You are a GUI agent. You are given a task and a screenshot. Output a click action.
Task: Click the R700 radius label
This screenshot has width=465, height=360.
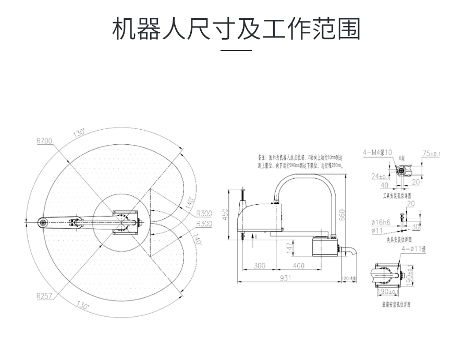tap(44, 140)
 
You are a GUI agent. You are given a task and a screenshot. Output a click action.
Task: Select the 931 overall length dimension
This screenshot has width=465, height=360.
tap(285, 279)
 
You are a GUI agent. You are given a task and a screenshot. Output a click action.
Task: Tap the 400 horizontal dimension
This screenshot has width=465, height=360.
tap(299, 266)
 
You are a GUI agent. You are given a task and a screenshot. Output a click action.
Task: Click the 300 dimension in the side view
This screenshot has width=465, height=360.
tap(259, 266)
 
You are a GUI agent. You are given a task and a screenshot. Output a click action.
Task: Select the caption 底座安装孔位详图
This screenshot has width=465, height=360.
tap(396, 304)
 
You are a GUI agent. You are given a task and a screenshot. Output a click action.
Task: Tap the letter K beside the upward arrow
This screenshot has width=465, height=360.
tap(256, 237)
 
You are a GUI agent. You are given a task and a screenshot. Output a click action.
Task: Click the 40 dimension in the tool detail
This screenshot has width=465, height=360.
tap(384, 184)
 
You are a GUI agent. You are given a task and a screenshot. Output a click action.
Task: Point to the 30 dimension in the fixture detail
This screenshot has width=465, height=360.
tap(415, 227)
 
